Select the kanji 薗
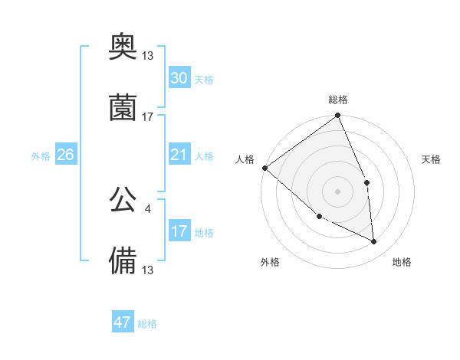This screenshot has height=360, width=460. click(x=123, y=108)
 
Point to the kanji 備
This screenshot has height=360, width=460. click(x=123, y=259)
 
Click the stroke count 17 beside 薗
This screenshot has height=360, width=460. click(x=148, y=117)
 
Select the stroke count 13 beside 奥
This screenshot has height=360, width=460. click(x=148, y=57)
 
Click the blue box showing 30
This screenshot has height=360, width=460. click(x=179, y=79)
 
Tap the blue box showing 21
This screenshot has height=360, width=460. click(x=179, y=155)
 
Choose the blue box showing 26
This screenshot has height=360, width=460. click(x=66, y=155)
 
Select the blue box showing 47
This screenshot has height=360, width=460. click(x=123, y=322)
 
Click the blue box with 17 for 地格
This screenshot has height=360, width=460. click(x=179, y=231)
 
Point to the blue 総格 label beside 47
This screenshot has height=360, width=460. click(x=147, y=324)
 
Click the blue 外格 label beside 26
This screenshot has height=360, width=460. click(x=41, y=155)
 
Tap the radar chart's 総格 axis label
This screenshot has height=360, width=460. click(x=338, y=100)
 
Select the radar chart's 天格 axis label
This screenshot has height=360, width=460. click(x=432, y=159)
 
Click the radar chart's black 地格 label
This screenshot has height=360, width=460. click(x=402, y=262)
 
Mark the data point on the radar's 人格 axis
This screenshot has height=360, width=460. click(x=264, y=168)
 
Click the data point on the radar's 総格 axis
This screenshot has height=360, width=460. click(x=338, y=116)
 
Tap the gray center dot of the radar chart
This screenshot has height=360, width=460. click(x=338, y=191)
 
